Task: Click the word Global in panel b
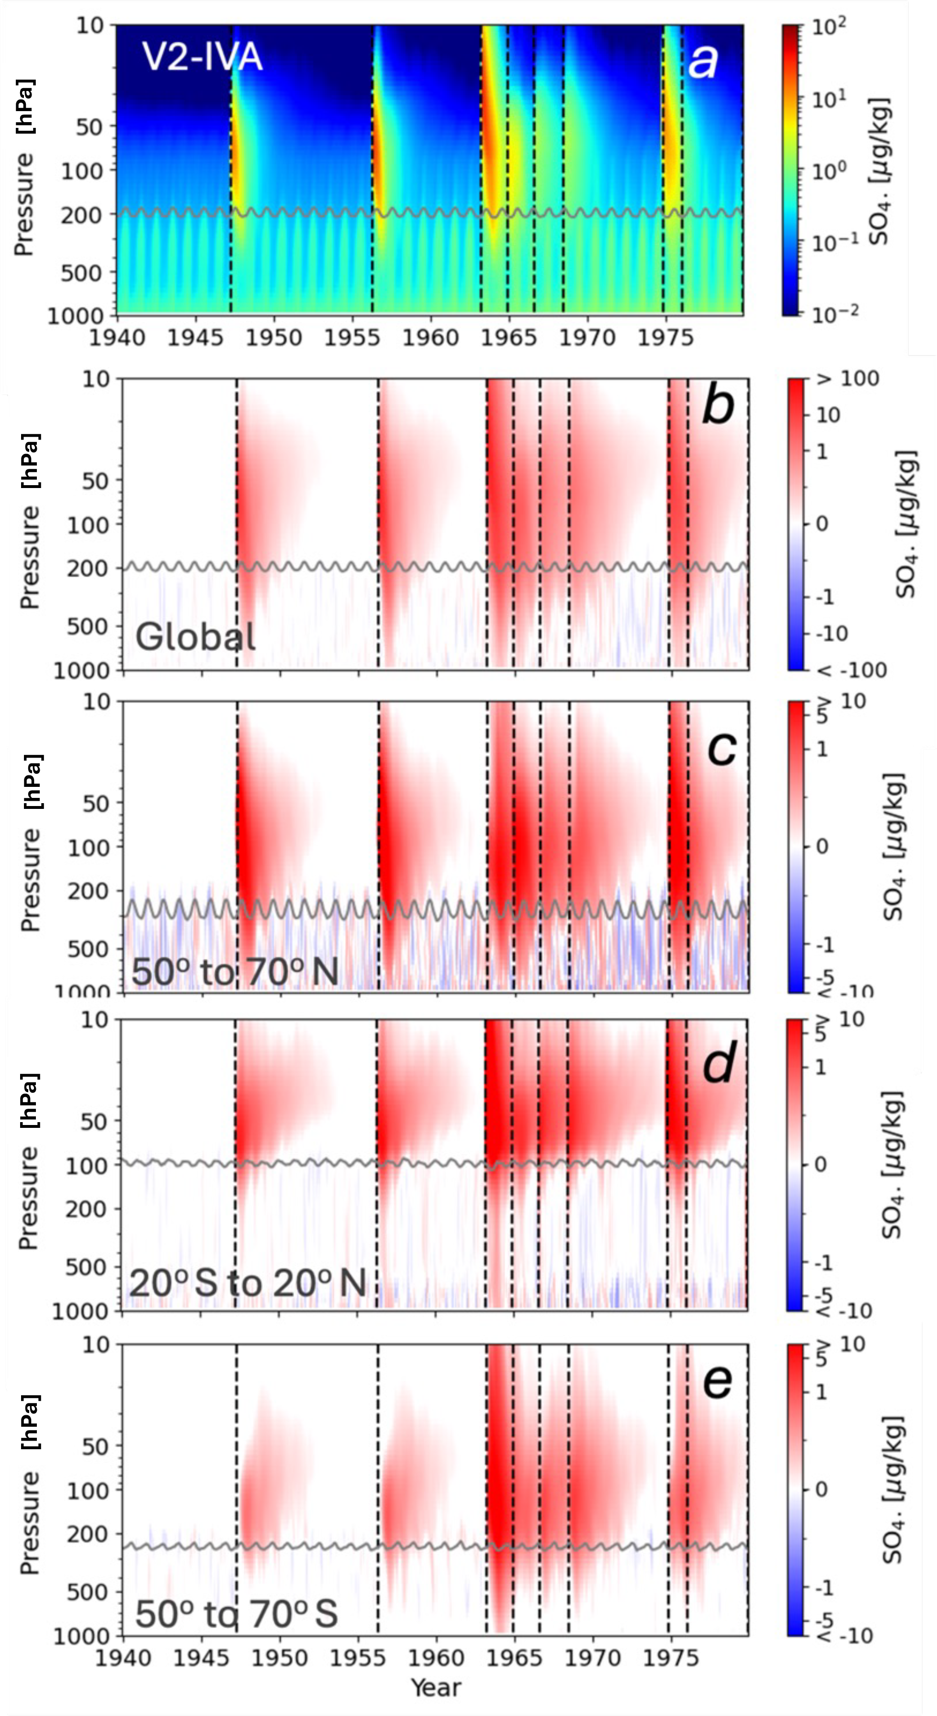(x=195, y=637)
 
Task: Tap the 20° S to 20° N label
(x=247, y=1283)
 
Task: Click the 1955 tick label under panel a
(x=351, y=338)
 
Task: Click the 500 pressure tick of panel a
(x=81, y=273)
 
